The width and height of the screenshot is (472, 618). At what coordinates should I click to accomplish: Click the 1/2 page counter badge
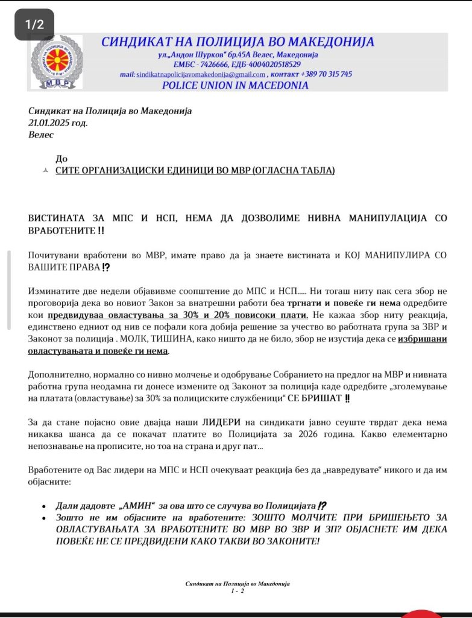[34, 25]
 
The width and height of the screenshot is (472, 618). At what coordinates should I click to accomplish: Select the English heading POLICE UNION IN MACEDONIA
[235, 85]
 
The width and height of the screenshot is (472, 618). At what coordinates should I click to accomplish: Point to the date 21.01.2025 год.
[58, 123]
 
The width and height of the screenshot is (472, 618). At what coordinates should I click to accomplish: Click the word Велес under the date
[41, 135]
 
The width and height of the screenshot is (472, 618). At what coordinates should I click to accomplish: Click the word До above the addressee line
[61, 159]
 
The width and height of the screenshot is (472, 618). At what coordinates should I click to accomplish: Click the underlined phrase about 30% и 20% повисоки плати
[178, 315]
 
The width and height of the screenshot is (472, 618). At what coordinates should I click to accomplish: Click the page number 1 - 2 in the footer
[238, 591]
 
